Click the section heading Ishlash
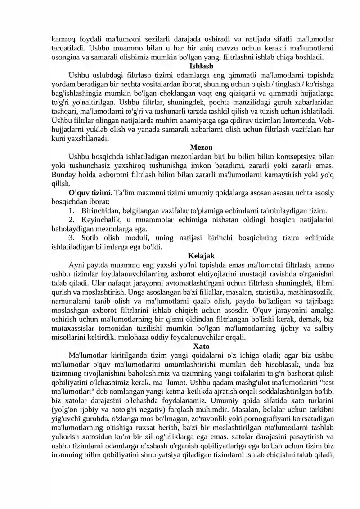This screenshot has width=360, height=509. tap(202, 66)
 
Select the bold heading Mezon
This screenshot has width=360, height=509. tap(202, 148)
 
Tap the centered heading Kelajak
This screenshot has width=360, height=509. tap(202, 256)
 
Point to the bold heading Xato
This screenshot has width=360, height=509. tap(202, 347)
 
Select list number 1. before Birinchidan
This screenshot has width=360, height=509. tap(72, 211)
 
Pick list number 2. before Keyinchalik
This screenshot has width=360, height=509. tap(72, 220)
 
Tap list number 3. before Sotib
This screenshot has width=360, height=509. tap(72, 238)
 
